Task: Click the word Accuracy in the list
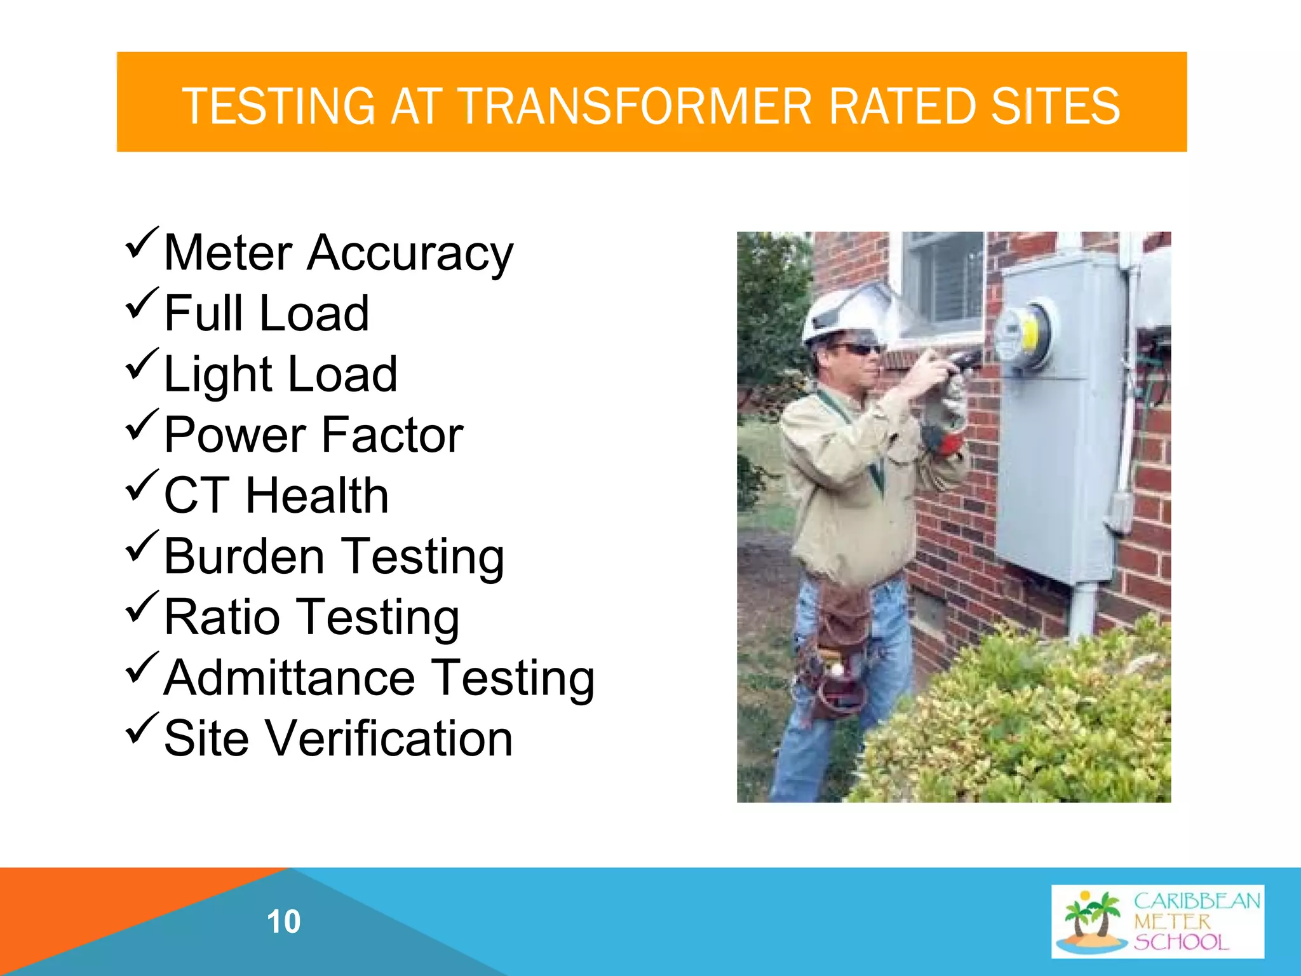click(x=410, y=254)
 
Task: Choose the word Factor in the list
click(x=392, y=435)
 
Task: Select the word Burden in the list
click(x=245, y=557)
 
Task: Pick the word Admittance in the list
click(x=290, y=678)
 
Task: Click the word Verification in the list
click(x=388, y=739)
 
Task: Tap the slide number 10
click(x=283, y=921)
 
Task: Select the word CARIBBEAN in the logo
click(x=1197, y=901)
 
